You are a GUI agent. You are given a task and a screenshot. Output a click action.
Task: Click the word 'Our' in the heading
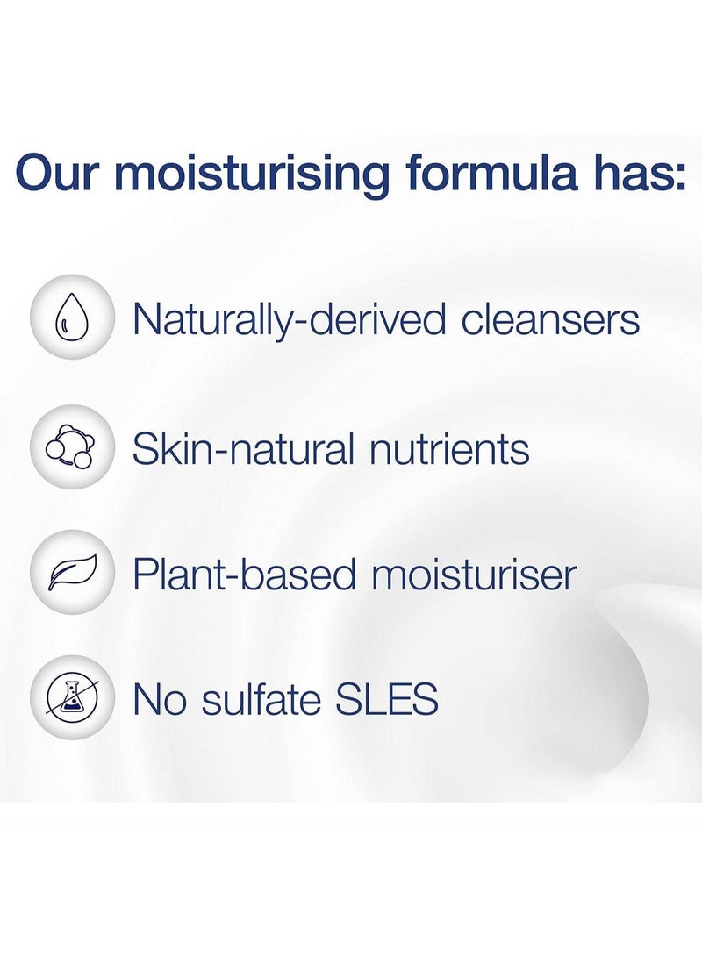coord(59,173)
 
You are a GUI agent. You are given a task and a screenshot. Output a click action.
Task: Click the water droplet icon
coord(72,318)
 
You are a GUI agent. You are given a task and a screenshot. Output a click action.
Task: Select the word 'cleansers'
coord(550,319)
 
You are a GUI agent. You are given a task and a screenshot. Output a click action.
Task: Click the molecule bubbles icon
coord(72,447)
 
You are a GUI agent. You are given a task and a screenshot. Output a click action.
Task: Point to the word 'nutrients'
coord(449,449)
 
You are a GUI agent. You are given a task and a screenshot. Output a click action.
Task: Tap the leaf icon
coord(72,573)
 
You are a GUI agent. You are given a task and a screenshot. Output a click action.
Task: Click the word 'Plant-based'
coord(244,573)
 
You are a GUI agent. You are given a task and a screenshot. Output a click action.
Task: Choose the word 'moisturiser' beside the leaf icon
coord(474,573)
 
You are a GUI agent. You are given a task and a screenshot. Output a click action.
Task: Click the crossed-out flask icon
coord(72,697)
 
